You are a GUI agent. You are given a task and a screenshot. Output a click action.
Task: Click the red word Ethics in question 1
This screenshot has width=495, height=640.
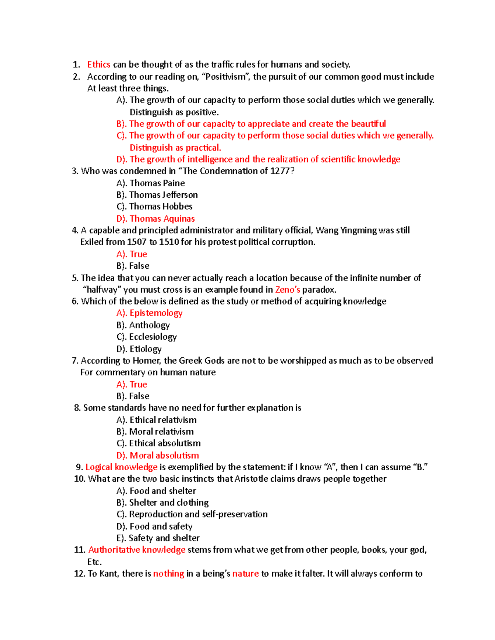pyautogui.click(x=99, y=64)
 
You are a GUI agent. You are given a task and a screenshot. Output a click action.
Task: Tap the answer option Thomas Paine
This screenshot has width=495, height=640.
pyautogui.click(x=157, y=183)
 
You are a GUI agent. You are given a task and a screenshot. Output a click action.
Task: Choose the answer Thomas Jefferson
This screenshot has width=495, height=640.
pyautogui.click(x=163, y=195)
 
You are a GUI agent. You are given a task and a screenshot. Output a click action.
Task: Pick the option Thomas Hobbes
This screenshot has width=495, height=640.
pyautogui.click(x=160, y=206)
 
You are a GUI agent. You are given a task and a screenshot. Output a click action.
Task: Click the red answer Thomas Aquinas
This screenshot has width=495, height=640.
pyautogui.click(x=162, y=218)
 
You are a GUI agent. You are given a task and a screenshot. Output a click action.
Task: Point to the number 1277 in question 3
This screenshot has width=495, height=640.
pyautogui.click(x=280, y=171)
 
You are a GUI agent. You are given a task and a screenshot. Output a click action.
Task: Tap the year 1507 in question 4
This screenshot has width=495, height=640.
pyautogui.click(x=137, y=242)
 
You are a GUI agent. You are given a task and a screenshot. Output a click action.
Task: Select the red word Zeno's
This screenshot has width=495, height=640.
pyautogui.click(x=288, y=289)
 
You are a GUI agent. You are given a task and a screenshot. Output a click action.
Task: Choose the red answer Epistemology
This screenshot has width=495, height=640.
pyautogui.click(x=156, y=313)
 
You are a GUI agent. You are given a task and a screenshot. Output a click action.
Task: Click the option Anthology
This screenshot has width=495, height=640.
pyautogui.click(x=149, y=325)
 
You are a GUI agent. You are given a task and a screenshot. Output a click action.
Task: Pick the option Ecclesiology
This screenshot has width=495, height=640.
pyautogui.click(x=153, y=337)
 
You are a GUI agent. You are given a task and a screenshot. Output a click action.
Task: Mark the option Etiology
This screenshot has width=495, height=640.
pyautogui.click(x=145, y=349)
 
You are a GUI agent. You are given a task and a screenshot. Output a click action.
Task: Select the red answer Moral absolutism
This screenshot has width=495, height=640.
pyautogui.click(x=164, y=455)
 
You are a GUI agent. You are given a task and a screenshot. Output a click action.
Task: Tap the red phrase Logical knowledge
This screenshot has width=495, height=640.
pyautogui.click(x=121, y=467)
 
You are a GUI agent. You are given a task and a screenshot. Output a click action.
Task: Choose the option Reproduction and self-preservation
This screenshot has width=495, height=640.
pyautogui.click(x=198, y=514)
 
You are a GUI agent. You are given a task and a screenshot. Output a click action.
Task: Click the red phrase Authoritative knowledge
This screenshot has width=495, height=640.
pyautogui.click(x=137, y=550)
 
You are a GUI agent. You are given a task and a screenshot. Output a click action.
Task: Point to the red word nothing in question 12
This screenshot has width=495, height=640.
pyautogui.click(x=168, y=574)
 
